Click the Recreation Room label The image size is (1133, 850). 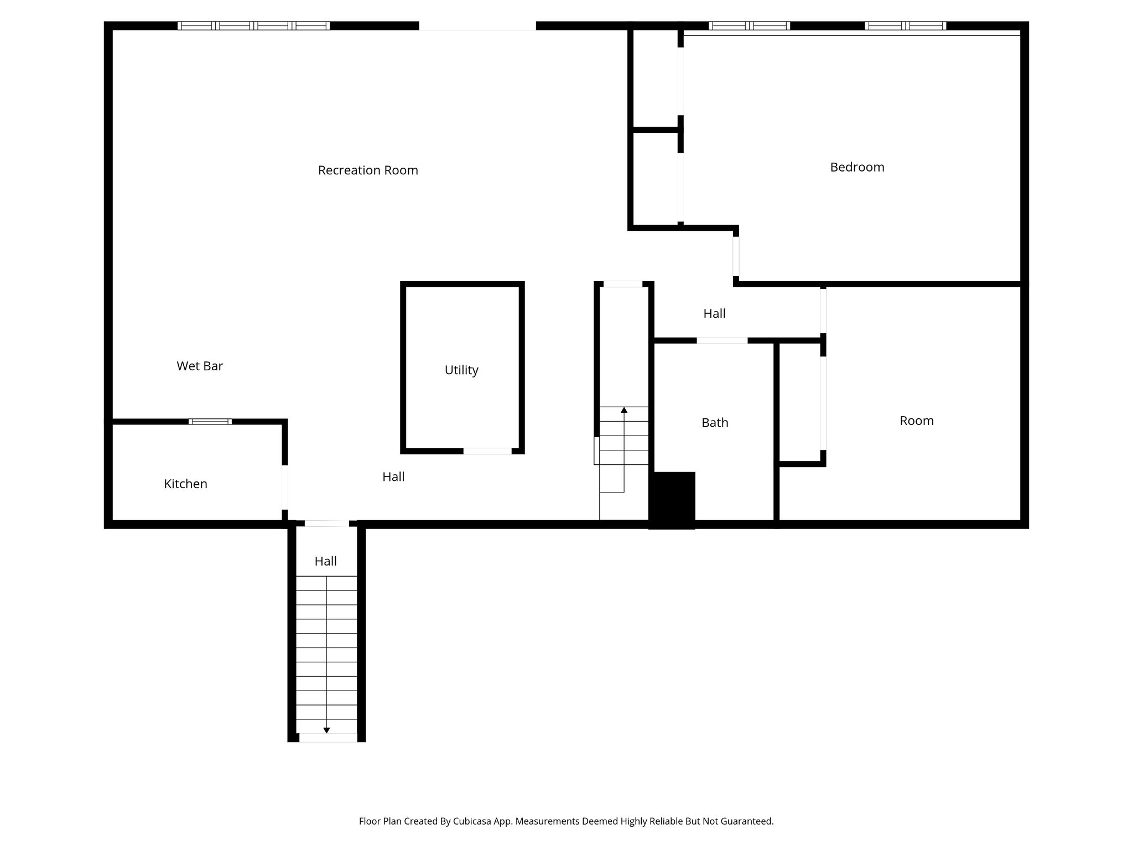(x=368, y=170)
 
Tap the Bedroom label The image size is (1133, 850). (x=857, y=167)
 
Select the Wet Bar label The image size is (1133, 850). (x=200, y=366)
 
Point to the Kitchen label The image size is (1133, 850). (x=185, y=484)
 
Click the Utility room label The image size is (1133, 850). (x=461, y=370)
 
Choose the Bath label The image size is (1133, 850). (x=715, y=423)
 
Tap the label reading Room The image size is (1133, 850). (x=916, y=421)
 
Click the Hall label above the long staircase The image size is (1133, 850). (x=325, y=561)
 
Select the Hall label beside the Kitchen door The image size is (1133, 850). (x=393, y=476)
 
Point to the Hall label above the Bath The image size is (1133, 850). (x=714, y=314)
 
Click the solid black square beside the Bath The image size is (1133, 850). (x=672, y=500)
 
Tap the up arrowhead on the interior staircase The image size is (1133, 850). (x=624, y=410)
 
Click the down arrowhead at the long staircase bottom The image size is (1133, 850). (x=326, y=730)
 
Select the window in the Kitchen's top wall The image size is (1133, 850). (x=210, y=422)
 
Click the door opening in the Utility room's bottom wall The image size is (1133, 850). (x=487, y=451)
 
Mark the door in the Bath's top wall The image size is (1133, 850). (x=722, y=340)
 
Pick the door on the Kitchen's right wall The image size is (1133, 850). (x=285, y=487)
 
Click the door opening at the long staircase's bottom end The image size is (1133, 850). (x=328, y=738)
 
